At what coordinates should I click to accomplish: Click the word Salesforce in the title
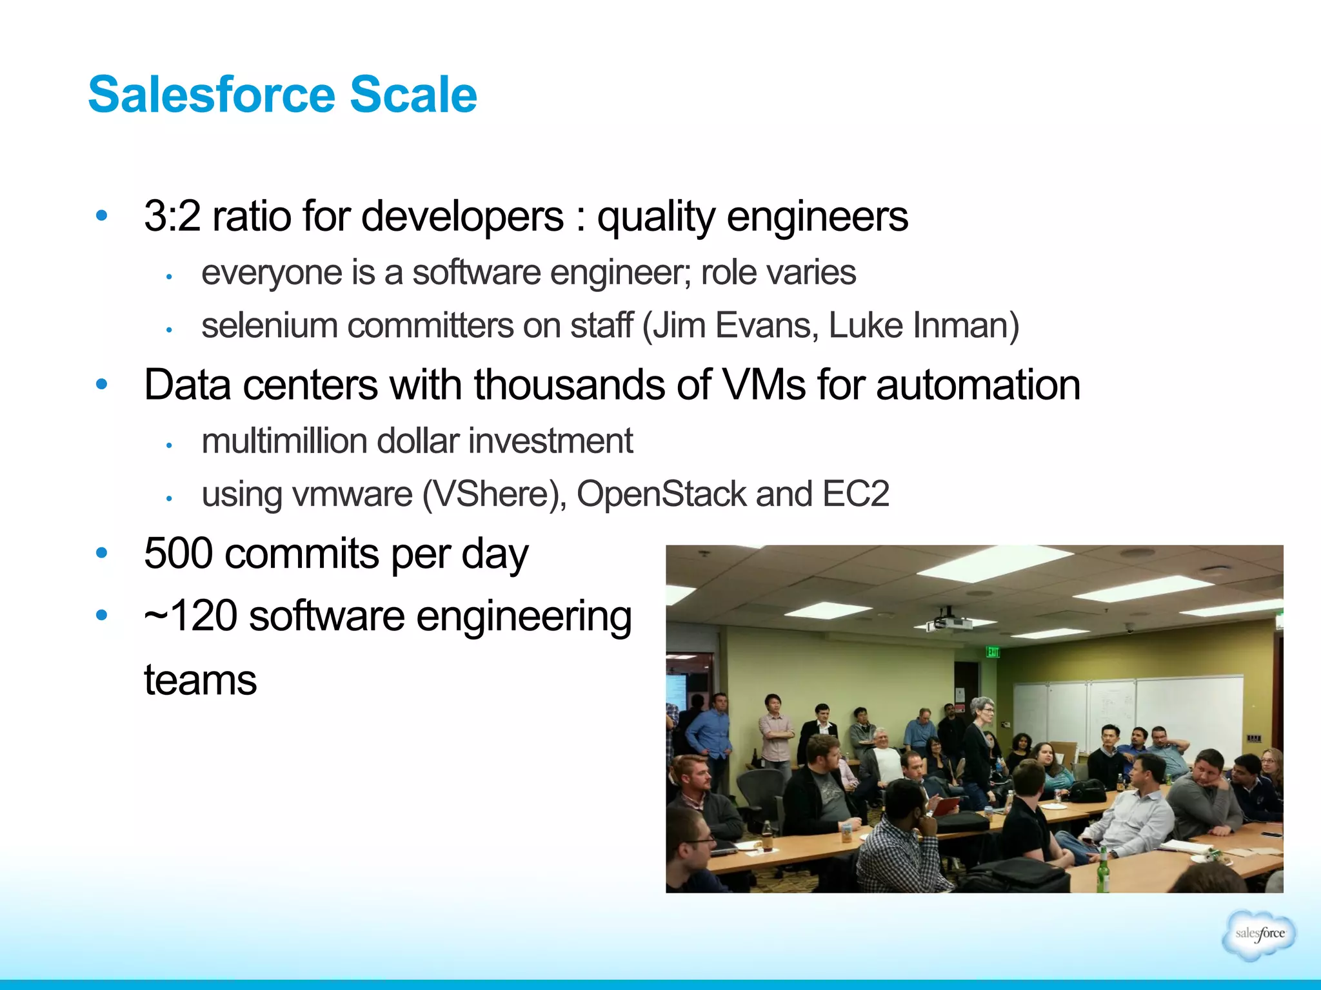[212, 95]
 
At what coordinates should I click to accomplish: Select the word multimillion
[283, 442]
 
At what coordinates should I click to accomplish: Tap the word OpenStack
[661, 494]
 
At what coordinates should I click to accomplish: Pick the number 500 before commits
[178, 554]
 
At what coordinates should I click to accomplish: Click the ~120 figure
[191, 616]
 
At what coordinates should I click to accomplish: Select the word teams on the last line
[200, 680]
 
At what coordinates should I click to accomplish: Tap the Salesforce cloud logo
[1258, 935]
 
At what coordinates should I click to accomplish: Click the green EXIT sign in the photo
[992, 652]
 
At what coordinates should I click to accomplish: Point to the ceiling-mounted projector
[949, 621]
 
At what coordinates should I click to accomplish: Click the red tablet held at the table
[946, 806]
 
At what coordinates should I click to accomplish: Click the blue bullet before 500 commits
[101, 553]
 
